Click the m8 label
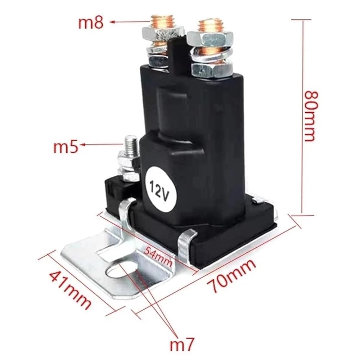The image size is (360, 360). pos(91,23)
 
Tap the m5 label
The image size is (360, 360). pos(66,147)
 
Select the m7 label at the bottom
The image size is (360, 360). pos(182,344)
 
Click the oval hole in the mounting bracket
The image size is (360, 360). pos(122,270)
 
